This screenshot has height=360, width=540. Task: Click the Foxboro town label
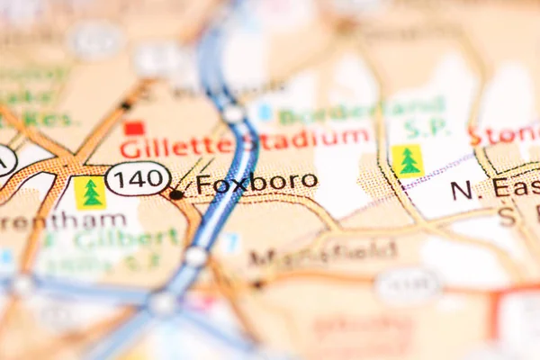[x=256, y=182]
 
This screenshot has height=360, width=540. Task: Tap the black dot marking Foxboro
[x=177, y=193]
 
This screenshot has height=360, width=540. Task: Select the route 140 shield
[x=138, y=178]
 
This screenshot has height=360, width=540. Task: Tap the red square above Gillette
[x=134, y=129]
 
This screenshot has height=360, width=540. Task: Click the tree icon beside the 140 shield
[x=90, y=193]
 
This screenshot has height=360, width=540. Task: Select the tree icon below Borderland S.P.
[x=408, y=161]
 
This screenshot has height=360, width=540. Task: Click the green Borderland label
[x=362, y=112]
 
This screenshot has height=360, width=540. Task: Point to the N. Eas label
[x=493, y=188]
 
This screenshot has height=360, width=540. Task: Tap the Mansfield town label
[x=323, y=254]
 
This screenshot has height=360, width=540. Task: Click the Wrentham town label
[x=63, y=220]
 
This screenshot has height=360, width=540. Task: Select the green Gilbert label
[x=125, y=239]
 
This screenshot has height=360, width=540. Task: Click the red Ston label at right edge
[x=517, y=135]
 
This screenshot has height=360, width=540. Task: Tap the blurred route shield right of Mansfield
[x=407, y=285]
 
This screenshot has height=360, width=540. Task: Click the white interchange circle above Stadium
[x=234, y=113]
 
